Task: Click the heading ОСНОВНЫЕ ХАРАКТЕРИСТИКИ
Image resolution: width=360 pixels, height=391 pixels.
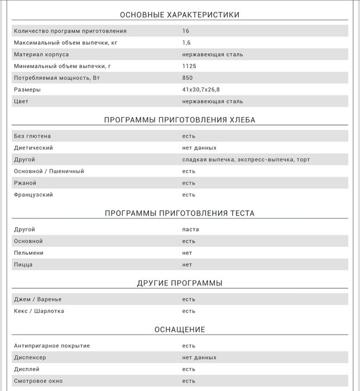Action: tap(180, 15)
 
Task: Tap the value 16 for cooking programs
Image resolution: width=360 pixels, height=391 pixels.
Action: tap(186, 31)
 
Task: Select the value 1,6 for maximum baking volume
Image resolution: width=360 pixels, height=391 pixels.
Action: tap(186, 43)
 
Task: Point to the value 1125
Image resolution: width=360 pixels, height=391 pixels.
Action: tap(189, 66)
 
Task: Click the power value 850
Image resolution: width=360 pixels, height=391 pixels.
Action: tap(188, 78)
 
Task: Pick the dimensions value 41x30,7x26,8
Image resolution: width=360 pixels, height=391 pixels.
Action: tap(201, 90)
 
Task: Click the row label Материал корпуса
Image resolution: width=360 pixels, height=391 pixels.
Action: tap(41, 55)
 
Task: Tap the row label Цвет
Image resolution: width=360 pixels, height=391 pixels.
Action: tap(21, 102)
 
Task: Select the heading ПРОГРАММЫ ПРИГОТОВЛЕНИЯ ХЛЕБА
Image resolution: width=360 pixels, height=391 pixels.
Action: tap(180, 120)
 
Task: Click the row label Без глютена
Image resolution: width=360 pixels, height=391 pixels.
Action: tap(32, 136)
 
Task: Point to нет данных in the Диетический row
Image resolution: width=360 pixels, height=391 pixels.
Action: tap(199, 148)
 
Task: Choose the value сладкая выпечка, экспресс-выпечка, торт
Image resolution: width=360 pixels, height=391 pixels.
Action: tap(246, 160)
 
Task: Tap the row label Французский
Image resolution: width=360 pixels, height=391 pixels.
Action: tap(33, 195)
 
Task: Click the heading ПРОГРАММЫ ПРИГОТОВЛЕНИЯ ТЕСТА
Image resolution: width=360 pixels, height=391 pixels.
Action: tap(180, 213)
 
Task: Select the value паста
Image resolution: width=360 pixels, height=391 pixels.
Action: tap(190, 230)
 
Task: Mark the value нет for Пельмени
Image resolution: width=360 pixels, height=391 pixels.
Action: tap(187, 253)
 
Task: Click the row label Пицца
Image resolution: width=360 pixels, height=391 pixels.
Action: tap(23, 265)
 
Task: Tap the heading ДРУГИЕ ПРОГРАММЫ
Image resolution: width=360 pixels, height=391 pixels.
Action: tap(180, 283)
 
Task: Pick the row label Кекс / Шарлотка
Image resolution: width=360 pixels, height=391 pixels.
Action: tap(39, 311)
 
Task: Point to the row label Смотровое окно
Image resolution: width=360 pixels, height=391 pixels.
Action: tap(39, 381)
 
